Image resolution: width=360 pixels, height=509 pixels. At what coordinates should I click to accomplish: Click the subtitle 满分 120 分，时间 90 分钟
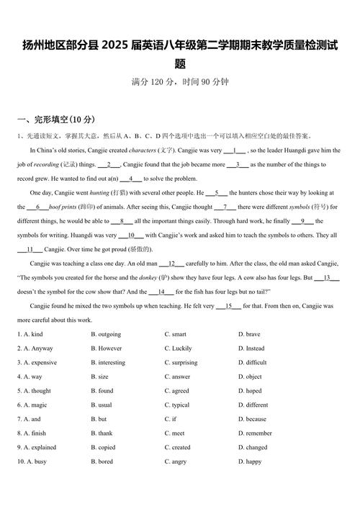[180, 82]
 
